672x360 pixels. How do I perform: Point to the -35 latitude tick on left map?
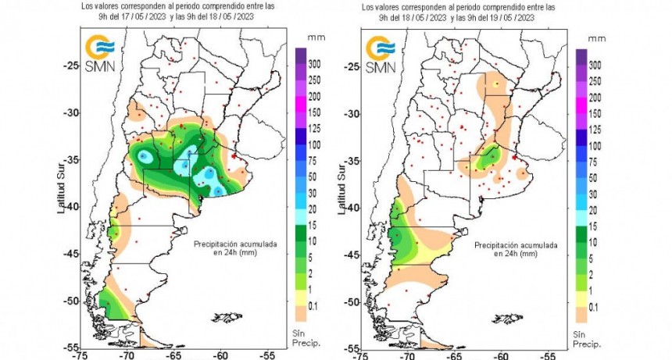click(x=70, y=160)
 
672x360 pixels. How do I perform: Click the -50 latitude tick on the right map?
click(x=351, y=301)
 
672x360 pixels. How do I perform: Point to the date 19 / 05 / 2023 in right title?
click(x=499, y=15)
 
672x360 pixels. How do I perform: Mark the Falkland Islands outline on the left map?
click(x=227, y=316)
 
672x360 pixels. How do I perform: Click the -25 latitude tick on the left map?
click(x=70, y=66)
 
